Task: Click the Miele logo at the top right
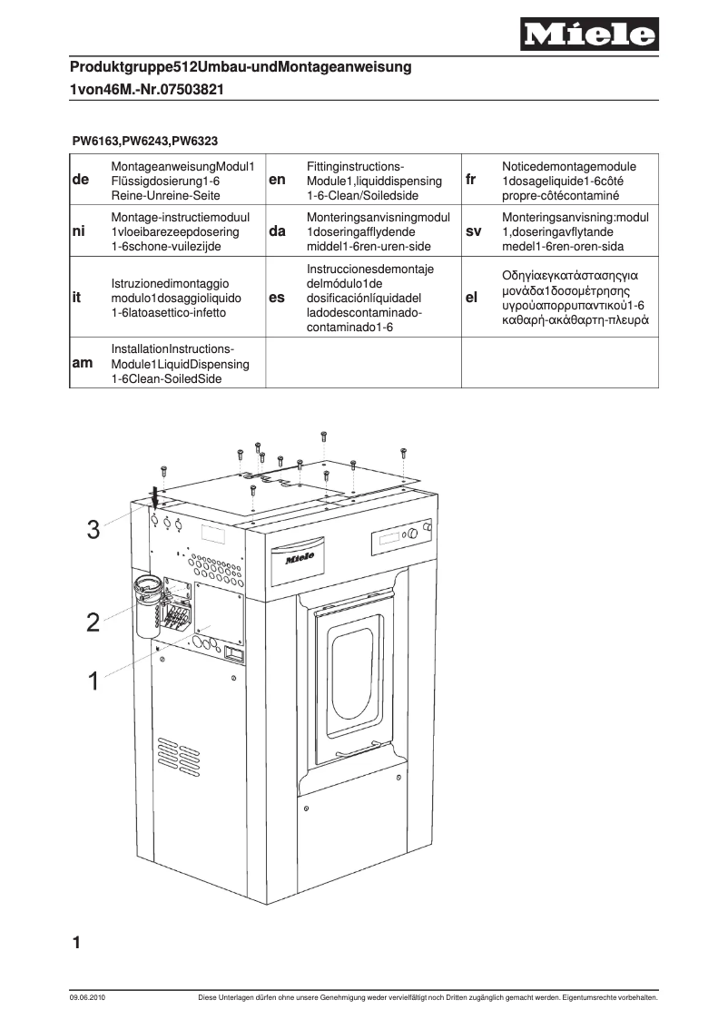(x=589, y=35)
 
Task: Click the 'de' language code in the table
(x=80, y=180)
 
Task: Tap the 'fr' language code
(x=470, y=180)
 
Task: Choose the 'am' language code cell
(x=81, y=363)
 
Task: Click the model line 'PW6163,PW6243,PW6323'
(x=144, y=141)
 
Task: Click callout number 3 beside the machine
(x=93, y=531)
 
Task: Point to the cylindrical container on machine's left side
(x=148, y=605)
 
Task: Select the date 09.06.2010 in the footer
(x=87, y=998)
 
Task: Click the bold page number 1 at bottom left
(x=78, y=944)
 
